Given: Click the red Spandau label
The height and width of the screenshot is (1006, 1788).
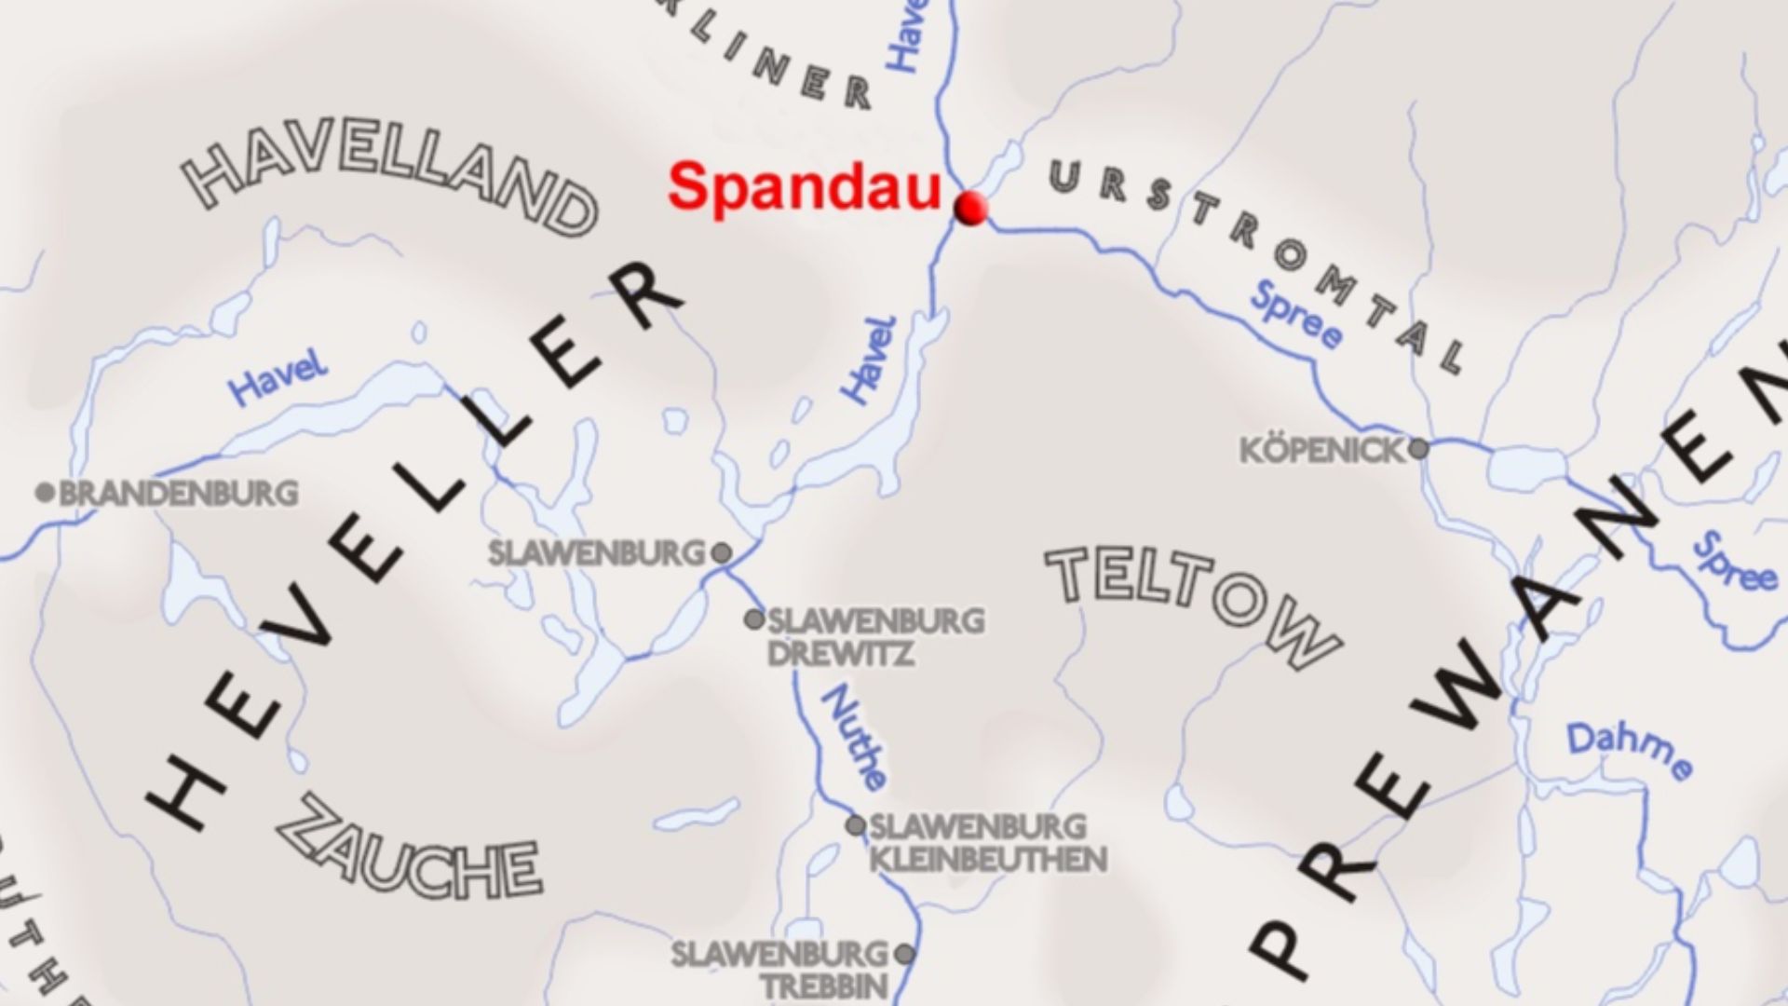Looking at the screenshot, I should pyautogui.click(x=805, y=186).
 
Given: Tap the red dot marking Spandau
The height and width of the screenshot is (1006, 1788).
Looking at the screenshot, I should pyautogui.click(x=970, y=208).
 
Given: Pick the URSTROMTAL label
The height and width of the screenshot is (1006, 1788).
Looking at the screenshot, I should pyautogui.click(x=1257, y=261).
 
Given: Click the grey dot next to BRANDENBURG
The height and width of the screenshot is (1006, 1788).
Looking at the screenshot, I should pyautogui.click(x=44, y=492).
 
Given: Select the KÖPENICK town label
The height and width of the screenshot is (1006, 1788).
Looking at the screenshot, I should pyautogui.click(x=1321, y=451).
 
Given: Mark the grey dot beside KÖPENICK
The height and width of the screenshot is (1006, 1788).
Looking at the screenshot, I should pyautogui.click(x=1417, y=449).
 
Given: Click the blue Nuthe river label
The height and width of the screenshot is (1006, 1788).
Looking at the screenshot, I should pyautogui.click(x=854, y=737).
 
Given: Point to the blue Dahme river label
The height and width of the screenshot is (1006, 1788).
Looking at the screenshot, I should pyautogui.click(x=1630, y=751).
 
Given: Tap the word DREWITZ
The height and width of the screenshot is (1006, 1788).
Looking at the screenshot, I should pyautogui.click(x=840, y=653).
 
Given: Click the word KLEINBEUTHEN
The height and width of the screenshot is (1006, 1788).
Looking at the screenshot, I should pyautogui.click(x=988, y=859).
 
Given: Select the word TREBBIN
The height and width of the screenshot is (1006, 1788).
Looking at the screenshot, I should pyautogui.click(x=825, y=986).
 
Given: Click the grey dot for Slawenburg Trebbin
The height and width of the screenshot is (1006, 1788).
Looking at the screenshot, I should pyautogui.click(x=903, y=954).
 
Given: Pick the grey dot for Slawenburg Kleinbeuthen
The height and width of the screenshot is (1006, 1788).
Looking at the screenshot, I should pyautogui.click(x=855, y=825).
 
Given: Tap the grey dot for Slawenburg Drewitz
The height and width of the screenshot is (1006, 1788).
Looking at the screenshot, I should pyautogui.click(x=753, y=619).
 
